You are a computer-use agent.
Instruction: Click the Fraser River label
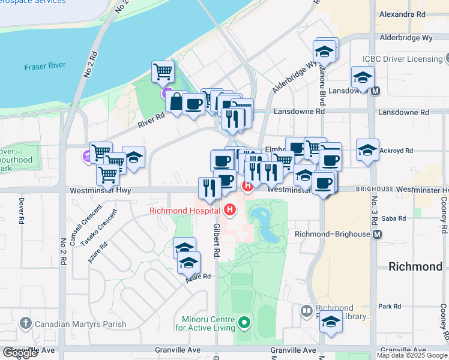tap(44, 67)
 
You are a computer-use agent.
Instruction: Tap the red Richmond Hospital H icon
tap(229, 209)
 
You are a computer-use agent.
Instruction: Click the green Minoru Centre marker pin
tap(243, 323)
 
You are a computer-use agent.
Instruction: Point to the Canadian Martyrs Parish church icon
tap(25, 324)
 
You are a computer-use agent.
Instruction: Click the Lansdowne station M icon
tap(376, 92)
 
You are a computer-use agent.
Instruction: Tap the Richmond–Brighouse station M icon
tap(377, 234)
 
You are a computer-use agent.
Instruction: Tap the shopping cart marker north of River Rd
tap(163, 73)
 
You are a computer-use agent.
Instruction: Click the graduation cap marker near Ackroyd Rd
tap(367, 150)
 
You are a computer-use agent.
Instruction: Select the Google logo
tap(20, 353)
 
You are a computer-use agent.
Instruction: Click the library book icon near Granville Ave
tap(306, 310)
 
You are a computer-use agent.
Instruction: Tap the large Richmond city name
tap(415, 266)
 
